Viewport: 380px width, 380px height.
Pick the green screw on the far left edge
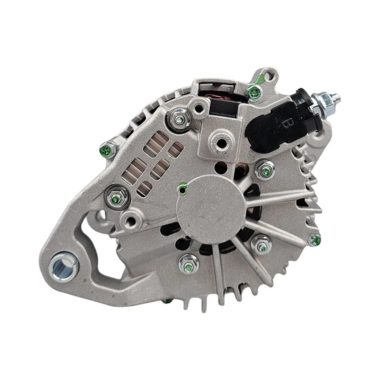pos(107,148)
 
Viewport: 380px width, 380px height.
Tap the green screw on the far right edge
pos(315,240)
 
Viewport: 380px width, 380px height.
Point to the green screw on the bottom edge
pos(168,301)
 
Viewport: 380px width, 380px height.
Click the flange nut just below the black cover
pos(265,170)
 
